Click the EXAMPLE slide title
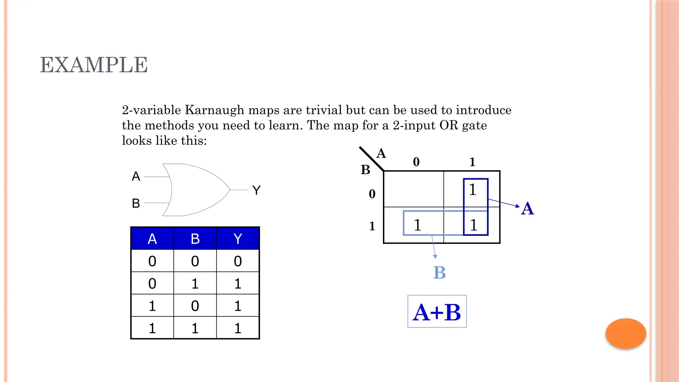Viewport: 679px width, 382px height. point(94,65)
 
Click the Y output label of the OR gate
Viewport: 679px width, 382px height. point(256,190)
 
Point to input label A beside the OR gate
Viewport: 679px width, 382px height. point(136,176)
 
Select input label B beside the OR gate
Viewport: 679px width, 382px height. point(136,203)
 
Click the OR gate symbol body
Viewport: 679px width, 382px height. point(196,190)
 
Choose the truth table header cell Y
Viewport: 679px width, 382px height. point(238,239)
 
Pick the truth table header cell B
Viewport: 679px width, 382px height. point(195,239)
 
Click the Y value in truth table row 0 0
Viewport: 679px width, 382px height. point(238,261)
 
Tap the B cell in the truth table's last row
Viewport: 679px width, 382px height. point(195,328)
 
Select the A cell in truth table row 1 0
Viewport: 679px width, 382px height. point(152,306)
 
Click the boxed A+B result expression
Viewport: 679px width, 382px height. point(437,312)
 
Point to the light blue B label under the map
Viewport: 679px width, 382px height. point(439,273)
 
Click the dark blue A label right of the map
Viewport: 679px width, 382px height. point(527,209)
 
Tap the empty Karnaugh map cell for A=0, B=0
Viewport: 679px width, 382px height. point(413,189)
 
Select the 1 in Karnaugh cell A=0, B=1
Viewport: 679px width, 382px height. point(417,225)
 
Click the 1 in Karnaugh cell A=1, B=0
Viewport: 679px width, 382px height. point(473,190)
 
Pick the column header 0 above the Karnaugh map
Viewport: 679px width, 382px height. point(416,162)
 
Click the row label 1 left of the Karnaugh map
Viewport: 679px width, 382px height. point(372,226)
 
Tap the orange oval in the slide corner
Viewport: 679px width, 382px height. point(626,333)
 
